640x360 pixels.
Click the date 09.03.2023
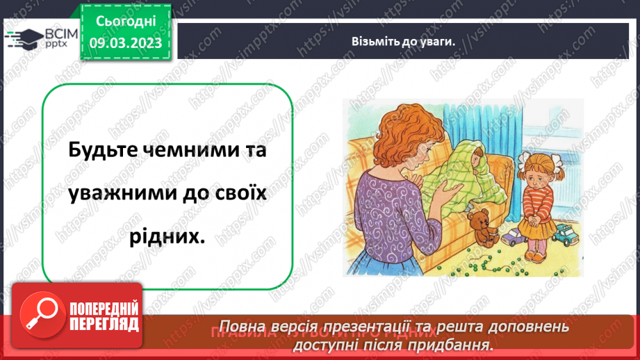[126, 43]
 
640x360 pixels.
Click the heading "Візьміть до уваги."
[403, 41]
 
